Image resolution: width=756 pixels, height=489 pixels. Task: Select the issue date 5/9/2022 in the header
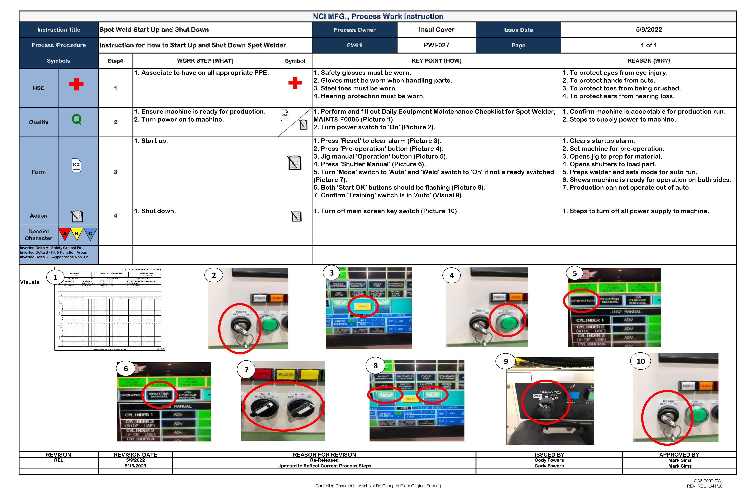click(x=649, y=30)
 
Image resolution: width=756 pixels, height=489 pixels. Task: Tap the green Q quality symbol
click(x=77, y=119)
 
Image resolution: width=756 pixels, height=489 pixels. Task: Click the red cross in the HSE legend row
click(x=76, y=84)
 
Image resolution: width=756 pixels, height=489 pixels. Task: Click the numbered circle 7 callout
click(x=246, y=369)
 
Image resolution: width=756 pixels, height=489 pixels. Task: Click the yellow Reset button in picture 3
click(x=363, y=306)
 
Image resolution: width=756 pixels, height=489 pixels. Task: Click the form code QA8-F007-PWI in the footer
click(x=708, y=481)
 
